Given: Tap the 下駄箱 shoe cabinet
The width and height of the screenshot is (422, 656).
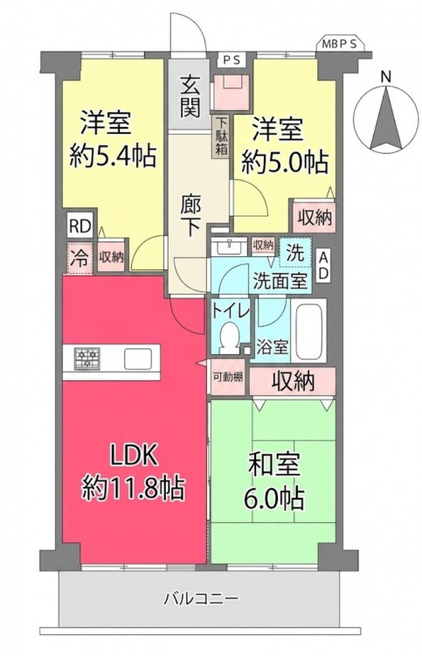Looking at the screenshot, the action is (221, 136).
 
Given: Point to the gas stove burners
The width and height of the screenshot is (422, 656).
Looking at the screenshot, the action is (87, 359).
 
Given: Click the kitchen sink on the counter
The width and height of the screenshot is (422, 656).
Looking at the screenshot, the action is (138, 359).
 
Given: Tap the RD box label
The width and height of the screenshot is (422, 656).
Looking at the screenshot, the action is (80, 227).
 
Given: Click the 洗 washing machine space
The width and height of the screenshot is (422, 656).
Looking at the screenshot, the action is (295, 253).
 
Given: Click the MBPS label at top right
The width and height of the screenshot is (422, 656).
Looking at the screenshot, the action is (341, 45).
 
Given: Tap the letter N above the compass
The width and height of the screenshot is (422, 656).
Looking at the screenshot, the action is (386, 77).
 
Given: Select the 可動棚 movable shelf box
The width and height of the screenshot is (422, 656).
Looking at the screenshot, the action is (228, 376).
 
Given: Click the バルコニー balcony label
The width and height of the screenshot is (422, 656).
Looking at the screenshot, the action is (201, 598).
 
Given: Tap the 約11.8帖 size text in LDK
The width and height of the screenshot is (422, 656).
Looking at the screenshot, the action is (133, 488).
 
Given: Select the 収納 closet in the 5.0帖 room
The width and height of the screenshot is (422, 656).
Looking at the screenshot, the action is (315, 217).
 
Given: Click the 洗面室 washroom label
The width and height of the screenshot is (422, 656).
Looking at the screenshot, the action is (280, 281).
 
